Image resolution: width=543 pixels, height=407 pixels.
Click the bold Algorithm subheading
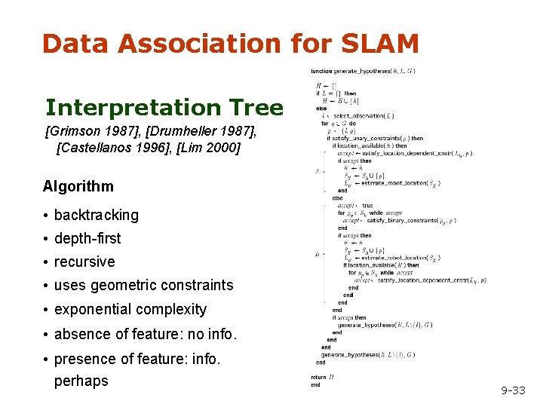point(78,186)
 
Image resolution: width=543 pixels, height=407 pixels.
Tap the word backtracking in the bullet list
point(97,215)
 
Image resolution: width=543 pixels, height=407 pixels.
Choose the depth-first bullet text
point(87,238)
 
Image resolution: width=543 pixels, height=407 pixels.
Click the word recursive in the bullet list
point(84,262)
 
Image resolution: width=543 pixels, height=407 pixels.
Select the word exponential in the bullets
point(93,309)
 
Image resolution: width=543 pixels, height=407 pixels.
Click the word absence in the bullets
point(78,333)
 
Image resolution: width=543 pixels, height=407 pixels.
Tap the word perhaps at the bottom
point(81,381)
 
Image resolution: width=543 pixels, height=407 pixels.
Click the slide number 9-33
point(513,390)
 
